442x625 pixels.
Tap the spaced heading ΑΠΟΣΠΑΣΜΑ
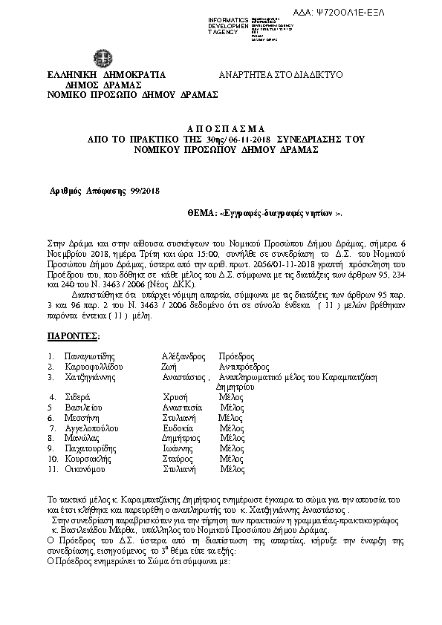coord(221,128)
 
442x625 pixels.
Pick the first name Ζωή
coord(168,367)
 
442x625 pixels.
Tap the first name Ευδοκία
coord(178,428)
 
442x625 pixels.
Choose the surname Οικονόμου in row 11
coord(88,469)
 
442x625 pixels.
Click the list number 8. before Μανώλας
coord(50,439)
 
